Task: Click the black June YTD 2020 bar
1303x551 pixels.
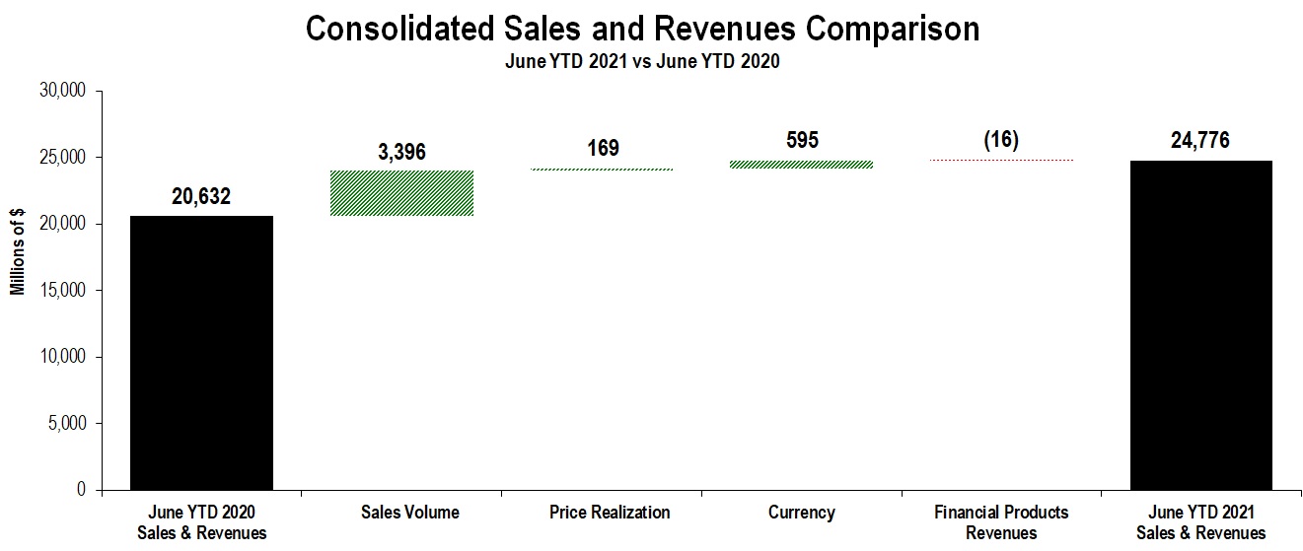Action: point(201,353)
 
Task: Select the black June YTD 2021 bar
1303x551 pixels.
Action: point(1201,325)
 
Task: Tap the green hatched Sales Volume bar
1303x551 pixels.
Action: point(402,193)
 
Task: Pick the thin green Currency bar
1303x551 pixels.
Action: point(802,165)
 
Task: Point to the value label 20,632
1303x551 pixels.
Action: point(201,196)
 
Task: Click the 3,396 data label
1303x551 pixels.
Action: point(402,152)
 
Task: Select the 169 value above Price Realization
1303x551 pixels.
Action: point(604,148)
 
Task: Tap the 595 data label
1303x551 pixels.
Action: point(802,140)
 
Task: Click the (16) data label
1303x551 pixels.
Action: point(1001,140)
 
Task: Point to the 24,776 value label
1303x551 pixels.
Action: point(1200,140)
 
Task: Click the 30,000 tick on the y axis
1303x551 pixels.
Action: point(62,90)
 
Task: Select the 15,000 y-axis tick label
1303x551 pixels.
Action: point(62,290)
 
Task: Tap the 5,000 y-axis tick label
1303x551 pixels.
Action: point(67,423)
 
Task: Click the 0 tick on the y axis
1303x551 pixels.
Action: point(82,489)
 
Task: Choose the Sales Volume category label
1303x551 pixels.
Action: point(410,512)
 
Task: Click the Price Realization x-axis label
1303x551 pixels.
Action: point(610,512)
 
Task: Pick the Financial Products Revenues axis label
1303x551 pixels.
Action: point(1001,522)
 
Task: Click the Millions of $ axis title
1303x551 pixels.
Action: point(18,251)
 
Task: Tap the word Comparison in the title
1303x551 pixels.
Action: point(893,29)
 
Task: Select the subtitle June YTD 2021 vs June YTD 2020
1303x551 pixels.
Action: point(642,61)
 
